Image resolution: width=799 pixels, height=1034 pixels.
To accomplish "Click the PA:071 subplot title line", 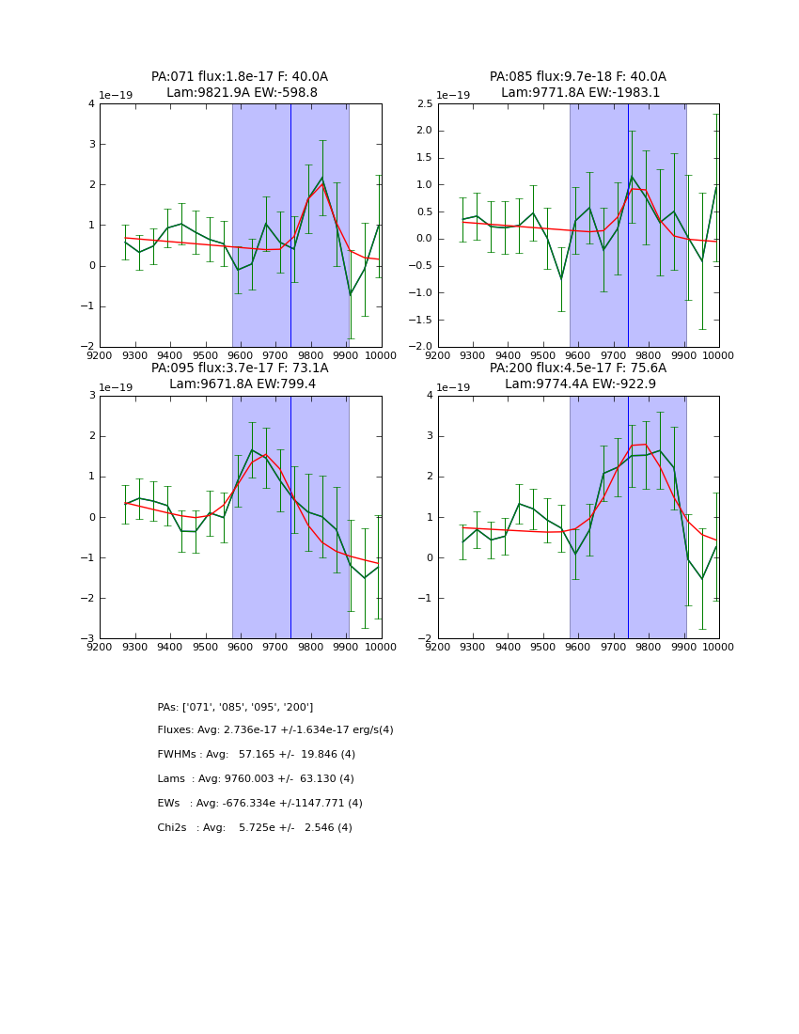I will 240,77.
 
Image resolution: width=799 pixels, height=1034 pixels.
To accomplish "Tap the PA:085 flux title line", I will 577,77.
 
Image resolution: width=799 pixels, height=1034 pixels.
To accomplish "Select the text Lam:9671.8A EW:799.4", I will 243,384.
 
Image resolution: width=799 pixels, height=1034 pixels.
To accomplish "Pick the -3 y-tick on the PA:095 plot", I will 89,639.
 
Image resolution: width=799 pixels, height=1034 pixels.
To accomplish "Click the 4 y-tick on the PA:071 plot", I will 91,104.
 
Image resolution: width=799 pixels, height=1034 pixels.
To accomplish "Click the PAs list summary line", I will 235,707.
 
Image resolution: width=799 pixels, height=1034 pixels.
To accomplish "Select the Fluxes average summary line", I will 275,730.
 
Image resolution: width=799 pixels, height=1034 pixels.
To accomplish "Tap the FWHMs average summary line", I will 257,755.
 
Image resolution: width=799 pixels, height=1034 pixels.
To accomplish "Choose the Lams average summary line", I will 256,779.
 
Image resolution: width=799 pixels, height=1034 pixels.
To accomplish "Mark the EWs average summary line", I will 259,804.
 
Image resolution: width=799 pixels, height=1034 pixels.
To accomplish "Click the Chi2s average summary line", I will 255,828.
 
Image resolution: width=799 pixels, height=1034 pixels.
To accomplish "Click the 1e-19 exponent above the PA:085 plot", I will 454,96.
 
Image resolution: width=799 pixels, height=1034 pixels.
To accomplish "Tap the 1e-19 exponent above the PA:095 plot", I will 117,388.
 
